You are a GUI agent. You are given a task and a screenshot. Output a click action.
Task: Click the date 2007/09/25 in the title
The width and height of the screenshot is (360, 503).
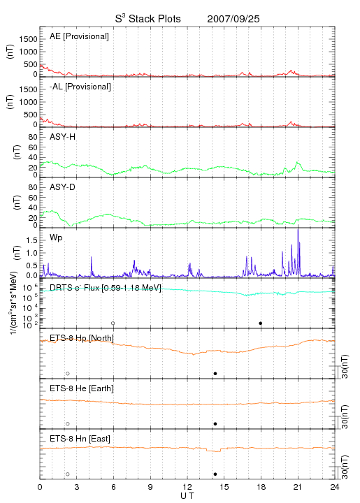coord(233,19)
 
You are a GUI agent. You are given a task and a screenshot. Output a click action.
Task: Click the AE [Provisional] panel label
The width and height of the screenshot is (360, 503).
coord(79,36)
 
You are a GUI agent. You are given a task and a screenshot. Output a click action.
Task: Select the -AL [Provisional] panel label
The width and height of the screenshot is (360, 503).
coord(80,87)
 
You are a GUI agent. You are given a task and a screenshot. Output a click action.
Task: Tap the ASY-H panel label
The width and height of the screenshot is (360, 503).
coord(63,137)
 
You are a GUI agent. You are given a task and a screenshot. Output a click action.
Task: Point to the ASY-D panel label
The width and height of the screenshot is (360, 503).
coord(63,187)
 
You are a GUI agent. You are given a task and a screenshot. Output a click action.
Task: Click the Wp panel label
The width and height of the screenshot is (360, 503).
coord(56,238)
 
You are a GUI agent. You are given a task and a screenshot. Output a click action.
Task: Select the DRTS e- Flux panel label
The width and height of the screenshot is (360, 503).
coord(106,288)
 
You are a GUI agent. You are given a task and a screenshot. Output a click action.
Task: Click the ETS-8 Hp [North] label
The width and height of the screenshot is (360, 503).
coord(82,338)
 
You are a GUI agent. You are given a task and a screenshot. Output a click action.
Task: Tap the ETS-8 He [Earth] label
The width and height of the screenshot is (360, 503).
coord(82,388)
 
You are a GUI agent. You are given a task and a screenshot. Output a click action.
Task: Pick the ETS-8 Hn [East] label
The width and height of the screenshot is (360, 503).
coord(80,439)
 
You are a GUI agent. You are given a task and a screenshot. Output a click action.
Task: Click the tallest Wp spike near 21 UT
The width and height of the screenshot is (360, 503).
coord(298,229)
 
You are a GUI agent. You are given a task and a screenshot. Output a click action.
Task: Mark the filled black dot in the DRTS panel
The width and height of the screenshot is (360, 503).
coord(261,323)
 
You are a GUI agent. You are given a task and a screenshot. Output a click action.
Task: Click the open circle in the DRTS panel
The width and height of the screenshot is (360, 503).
coord(113,323)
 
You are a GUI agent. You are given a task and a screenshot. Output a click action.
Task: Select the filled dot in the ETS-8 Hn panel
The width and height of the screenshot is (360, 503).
coord(215,474)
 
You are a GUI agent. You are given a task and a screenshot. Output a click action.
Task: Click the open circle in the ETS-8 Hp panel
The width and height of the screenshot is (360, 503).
coord(68,374)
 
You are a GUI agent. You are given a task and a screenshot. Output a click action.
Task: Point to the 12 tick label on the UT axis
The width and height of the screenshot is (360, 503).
coord(187,487)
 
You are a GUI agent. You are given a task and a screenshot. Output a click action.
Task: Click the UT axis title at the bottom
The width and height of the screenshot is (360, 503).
coord(187,496)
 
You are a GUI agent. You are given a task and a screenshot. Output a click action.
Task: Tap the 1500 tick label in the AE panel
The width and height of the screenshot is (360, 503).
coord(28,39)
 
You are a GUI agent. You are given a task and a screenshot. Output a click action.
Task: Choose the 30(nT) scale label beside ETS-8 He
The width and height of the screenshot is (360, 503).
coord(345,417)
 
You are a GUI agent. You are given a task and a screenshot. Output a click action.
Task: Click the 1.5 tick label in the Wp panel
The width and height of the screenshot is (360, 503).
coord(31,240)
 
